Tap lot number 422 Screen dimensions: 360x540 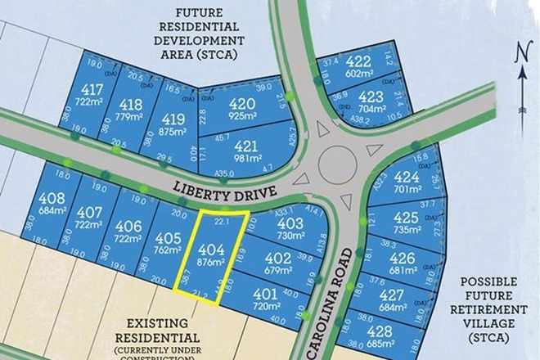pyautogui.click(x=358, y=61)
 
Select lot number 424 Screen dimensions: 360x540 pyautogui.click(x=407, y=178)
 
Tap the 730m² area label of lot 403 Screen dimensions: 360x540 pyautogui.click(x=290, y=235)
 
